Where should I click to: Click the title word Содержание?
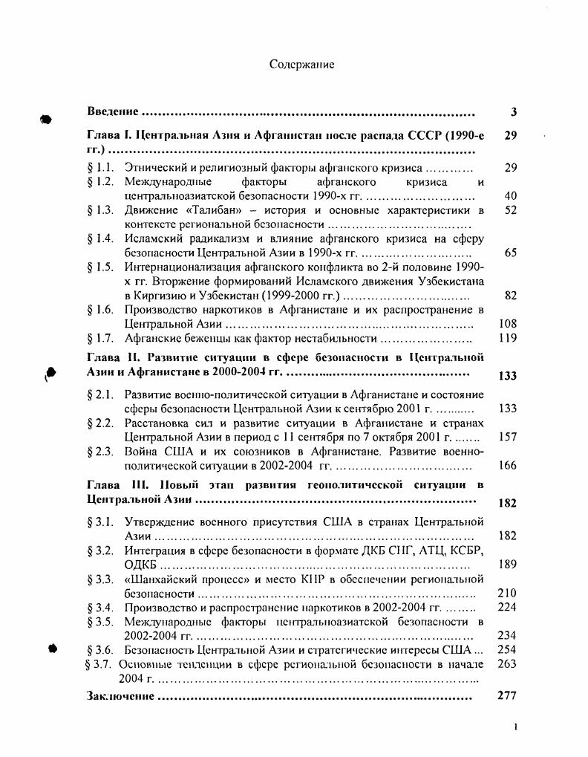click(301, 65)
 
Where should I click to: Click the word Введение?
click(113, 111)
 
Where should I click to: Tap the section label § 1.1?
click(100, 169)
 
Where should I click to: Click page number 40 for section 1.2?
click(509, 196)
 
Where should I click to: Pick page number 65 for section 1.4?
click(509, 253)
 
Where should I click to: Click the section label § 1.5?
click(100, 267)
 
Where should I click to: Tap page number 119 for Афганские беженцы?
click(507, 338)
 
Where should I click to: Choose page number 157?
click(507, 437)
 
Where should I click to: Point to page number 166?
click(507, 466)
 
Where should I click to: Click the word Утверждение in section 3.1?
click(161, 521)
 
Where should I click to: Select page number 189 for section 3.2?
click(507, 564)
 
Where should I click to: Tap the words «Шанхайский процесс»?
click(187, 579)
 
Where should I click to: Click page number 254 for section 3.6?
click(507, 649)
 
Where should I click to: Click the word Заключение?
click(120, 696)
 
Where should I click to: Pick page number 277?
click(507, 696)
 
